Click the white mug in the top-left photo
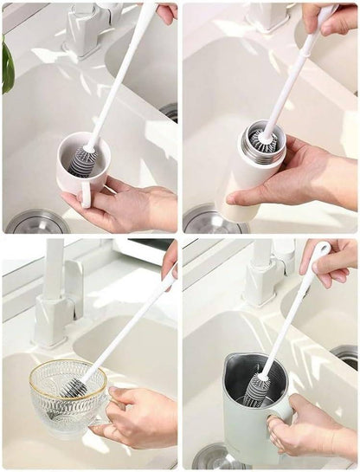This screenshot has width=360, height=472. tap(82, 169)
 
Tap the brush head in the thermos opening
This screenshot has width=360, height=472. tap(261, 139)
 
